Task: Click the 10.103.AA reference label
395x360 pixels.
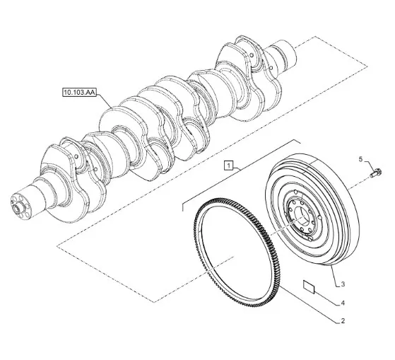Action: tap(79, 93)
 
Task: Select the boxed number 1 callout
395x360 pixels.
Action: tap(228, 166)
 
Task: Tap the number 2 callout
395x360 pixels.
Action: tap(343, 321)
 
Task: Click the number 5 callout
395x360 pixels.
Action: tap(360, 159)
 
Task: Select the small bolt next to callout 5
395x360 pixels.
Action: tap(376, 173)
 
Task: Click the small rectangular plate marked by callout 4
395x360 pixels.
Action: tap(309, 286)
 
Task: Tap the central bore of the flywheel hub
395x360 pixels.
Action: tap(302, 217)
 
